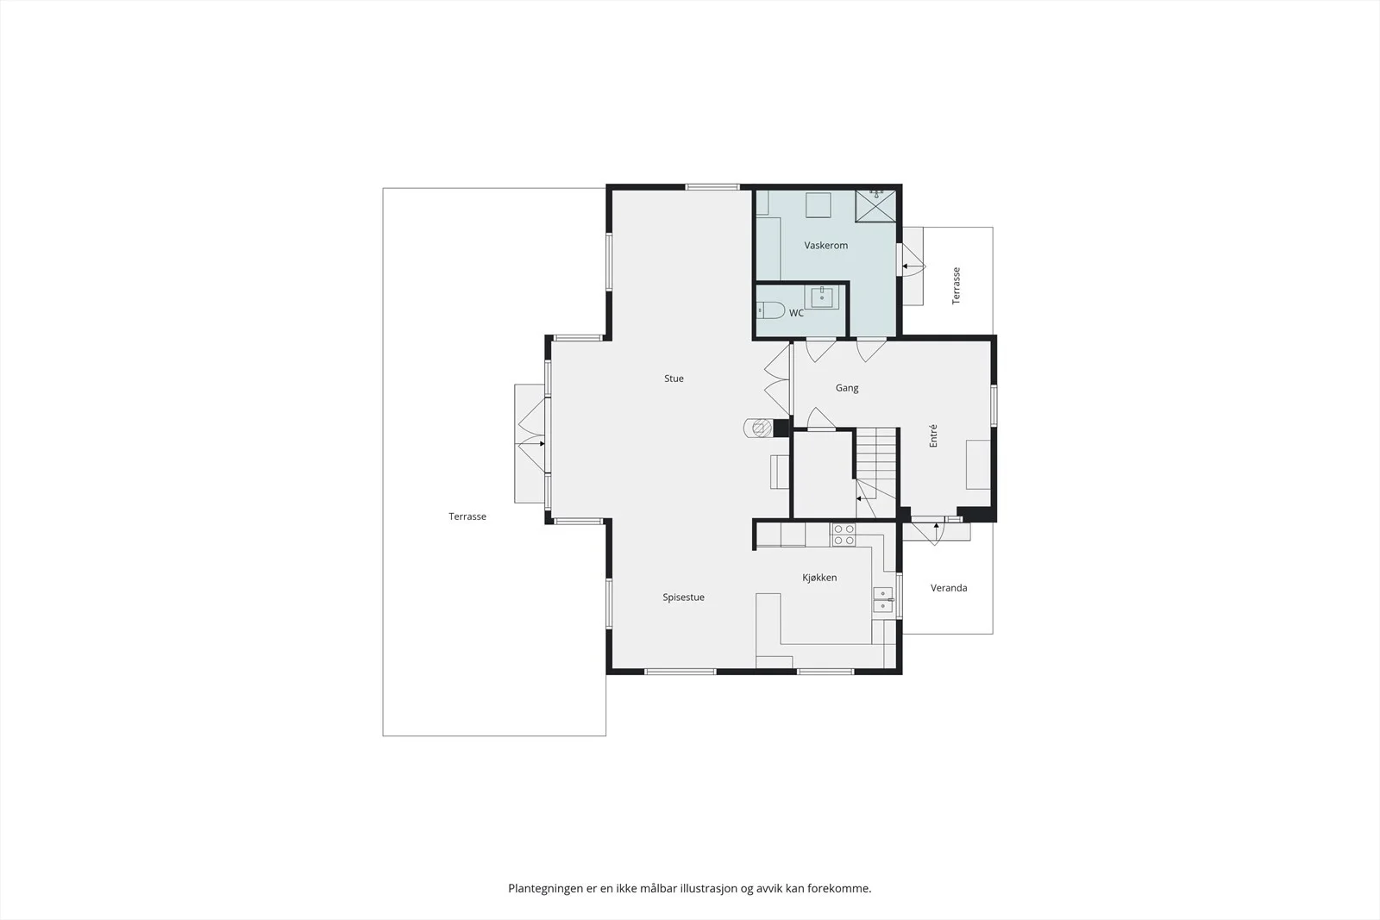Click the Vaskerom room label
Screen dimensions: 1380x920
tap(825, 245)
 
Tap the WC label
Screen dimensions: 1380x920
tap(796, 313)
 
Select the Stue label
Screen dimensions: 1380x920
tap(674, 379)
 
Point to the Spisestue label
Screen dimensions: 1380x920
tap(683, 597)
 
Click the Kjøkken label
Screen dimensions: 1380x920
tap(819, 577)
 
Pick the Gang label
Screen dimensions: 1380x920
tap(846, 387)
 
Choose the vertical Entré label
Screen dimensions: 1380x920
tap(932, 435)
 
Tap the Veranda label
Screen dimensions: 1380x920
tap(948, 587)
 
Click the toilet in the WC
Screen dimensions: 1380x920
tap(770, 310)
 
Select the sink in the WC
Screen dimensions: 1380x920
tap(821, 297)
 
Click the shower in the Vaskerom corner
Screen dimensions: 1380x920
tap(875, 206)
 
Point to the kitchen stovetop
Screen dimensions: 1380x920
tap(843, 535)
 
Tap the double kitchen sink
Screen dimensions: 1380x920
tap(883, 599)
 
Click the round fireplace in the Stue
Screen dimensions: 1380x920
tap(759, 428)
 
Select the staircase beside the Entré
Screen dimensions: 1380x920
tap(875, 473)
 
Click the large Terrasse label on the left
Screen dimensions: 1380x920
tap(467, 516)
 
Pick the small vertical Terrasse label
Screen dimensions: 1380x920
tap(956, 285)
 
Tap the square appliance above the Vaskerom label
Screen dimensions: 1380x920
tap(819, 204)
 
